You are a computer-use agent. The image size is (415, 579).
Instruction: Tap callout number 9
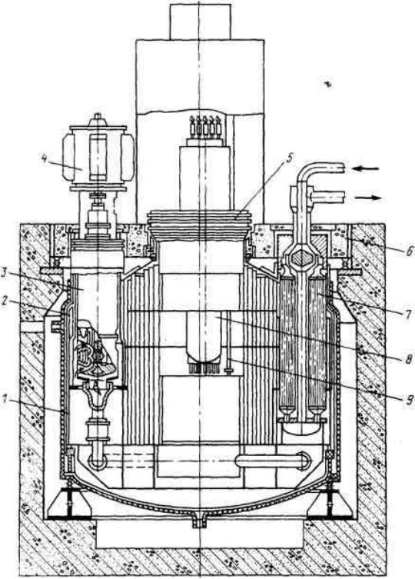click(408, 401)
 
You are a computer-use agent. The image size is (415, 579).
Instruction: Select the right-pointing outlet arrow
click(368, 198)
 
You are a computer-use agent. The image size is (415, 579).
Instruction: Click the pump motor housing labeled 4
click(98, 158)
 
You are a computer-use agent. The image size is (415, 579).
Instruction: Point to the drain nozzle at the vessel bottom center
click(198, 520)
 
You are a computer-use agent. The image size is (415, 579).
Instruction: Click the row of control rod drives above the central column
click(205, 127)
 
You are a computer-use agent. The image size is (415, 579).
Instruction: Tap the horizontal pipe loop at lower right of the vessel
click(274, 461)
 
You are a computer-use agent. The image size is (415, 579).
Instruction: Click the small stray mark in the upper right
click(327, 85)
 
